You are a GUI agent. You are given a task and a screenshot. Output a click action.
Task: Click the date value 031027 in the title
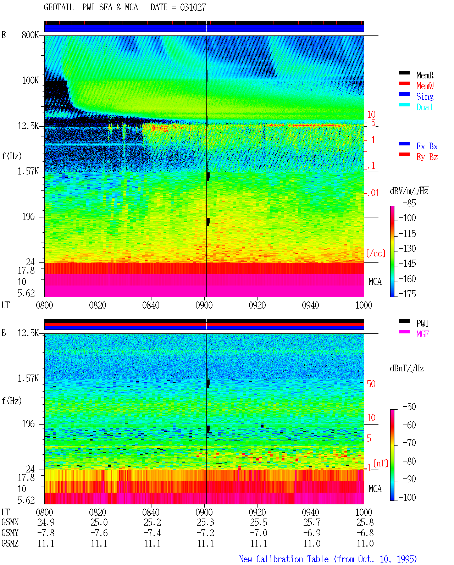click(x=193, y=7)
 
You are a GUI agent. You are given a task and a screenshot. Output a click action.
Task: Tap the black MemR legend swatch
click(x=404, y=73)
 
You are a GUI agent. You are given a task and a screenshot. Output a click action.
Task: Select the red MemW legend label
click(x=425, y=86)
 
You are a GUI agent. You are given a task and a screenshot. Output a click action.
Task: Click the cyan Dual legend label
click(x=425, y=107)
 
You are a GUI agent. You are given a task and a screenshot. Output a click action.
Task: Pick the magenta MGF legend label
click(x=422, y=334)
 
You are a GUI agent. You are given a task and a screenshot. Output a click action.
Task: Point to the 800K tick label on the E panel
click(x=30, y=35)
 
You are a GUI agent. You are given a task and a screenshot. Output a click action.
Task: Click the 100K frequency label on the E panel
click(x=30, y=81)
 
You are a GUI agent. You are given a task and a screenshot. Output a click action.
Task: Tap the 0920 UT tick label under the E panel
click(x=258, y=305)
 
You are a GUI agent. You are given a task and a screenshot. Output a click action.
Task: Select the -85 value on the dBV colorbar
click(x=410, y=203)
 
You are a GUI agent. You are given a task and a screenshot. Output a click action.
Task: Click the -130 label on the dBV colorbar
click(x=407, y=248)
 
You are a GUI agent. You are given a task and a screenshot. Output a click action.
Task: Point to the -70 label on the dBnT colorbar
click(x=410, y=443)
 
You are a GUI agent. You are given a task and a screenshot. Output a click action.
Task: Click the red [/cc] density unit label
click(x=376, y=253)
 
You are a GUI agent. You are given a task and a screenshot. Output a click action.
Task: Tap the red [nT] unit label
click(x=381, y=463)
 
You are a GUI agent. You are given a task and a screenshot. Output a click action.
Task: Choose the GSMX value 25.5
click(x=259, y=522)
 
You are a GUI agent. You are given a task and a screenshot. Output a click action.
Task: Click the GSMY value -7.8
click(x=46, y=533)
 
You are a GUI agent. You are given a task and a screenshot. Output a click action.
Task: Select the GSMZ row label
click(x=10, y=543)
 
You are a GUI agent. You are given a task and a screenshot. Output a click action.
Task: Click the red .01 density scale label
click(x=373, y=193)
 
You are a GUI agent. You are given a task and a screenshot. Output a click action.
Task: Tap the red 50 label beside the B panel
click(x=371, y=384)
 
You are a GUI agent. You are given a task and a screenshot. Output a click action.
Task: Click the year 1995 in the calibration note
click(x=407, y=559)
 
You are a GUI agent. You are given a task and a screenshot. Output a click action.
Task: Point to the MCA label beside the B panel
click(x=375, y=489)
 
